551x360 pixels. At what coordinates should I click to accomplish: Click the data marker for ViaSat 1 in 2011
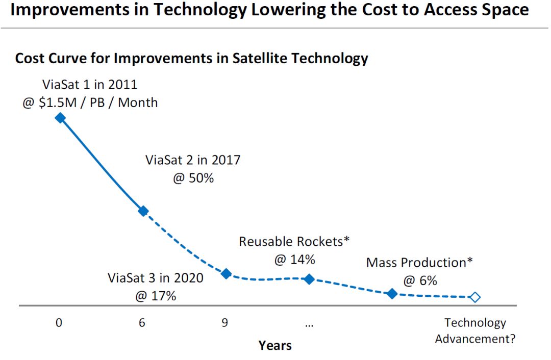tap(60, 118)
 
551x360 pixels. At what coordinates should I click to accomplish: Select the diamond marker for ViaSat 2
tap(143, 211)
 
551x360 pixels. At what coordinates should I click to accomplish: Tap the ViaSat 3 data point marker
tap(227, 274)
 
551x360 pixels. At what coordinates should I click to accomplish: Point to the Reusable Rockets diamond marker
tap(309, 279)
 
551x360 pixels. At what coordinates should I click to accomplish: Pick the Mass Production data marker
tap(392, 293)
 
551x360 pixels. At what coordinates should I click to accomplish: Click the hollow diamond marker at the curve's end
tap(475, 297)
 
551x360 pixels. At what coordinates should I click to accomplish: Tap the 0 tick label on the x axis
tap(59, 323)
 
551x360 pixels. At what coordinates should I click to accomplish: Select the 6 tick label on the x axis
tap(142, 323)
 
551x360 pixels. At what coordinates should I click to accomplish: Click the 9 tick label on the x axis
tap(224, 323)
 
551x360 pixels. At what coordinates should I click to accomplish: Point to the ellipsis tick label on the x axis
tap(309, 324)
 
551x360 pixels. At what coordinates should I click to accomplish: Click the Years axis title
tap(275, 345)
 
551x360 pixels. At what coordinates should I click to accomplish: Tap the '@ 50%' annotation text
tap(193, 179)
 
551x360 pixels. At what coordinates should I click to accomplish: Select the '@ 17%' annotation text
tap(156, 296)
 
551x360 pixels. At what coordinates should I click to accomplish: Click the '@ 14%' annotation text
tap(294, 259)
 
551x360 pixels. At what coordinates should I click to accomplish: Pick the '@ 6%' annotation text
tap(420, 280)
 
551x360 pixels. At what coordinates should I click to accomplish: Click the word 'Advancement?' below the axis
tap(475, 339)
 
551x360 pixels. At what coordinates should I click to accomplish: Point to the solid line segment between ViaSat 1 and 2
tap(102, 164)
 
